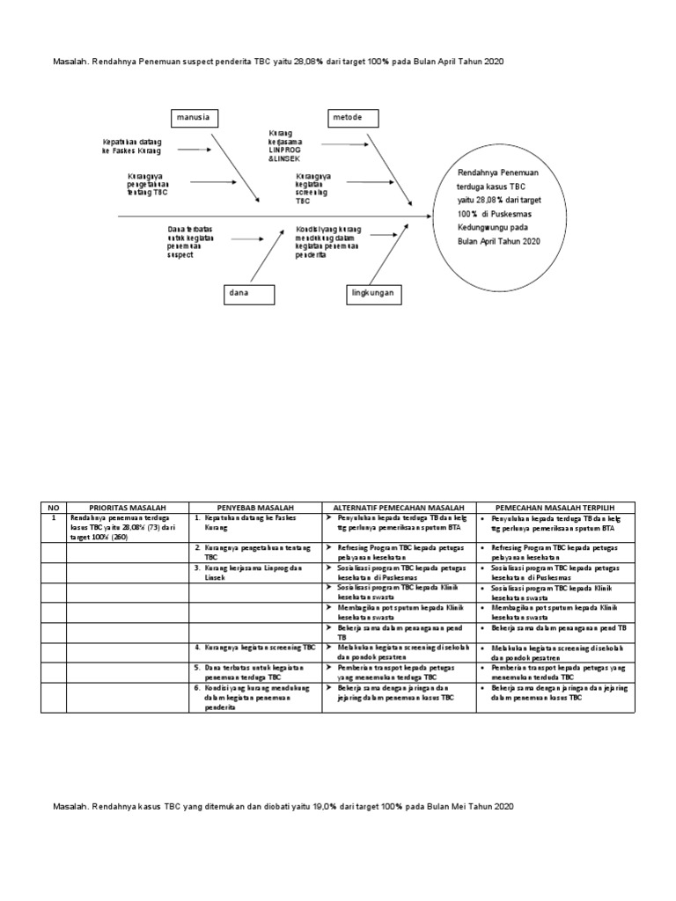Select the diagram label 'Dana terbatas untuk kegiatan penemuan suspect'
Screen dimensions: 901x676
click(196, 242)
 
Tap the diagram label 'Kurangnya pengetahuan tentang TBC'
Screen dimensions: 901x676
click(147, 185)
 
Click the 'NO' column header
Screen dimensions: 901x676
click(53, 508)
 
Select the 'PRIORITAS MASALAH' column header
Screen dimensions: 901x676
click(127, 508)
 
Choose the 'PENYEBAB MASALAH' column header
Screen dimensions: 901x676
click(255, 508)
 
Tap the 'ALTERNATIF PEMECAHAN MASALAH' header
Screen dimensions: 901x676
click(399, 508)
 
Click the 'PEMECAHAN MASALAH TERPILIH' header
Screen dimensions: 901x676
click(552, 508)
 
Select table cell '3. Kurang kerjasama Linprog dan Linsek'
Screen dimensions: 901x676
click(254, 572)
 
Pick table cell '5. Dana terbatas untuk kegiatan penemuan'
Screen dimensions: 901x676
click(254, 673)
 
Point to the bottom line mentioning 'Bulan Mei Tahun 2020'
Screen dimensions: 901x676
click(282, 806)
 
